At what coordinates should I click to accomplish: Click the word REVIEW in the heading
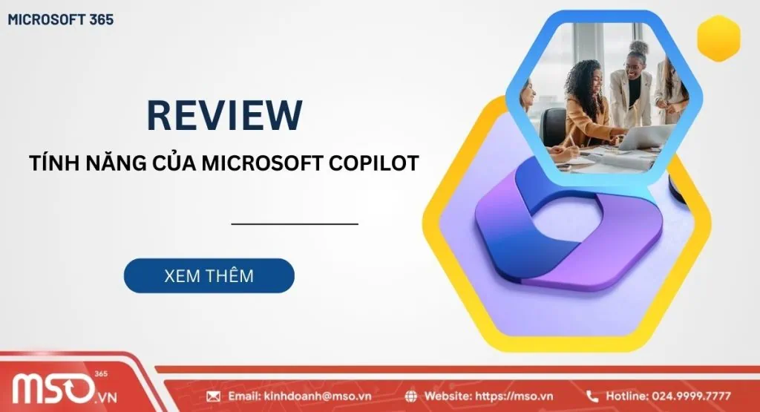tap(224, 115)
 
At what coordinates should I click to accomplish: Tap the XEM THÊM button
tap(209, 275)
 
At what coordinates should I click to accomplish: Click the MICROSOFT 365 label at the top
tap(61, 20)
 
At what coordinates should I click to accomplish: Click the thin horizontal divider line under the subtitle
tap(295, 223)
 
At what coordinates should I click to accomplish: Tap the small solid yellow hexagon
tap(718, 38)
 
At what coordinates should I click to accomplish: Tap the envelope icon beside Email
tap(213, 396)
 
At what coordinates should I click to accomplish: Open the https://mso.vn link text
tap(519, 396)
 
